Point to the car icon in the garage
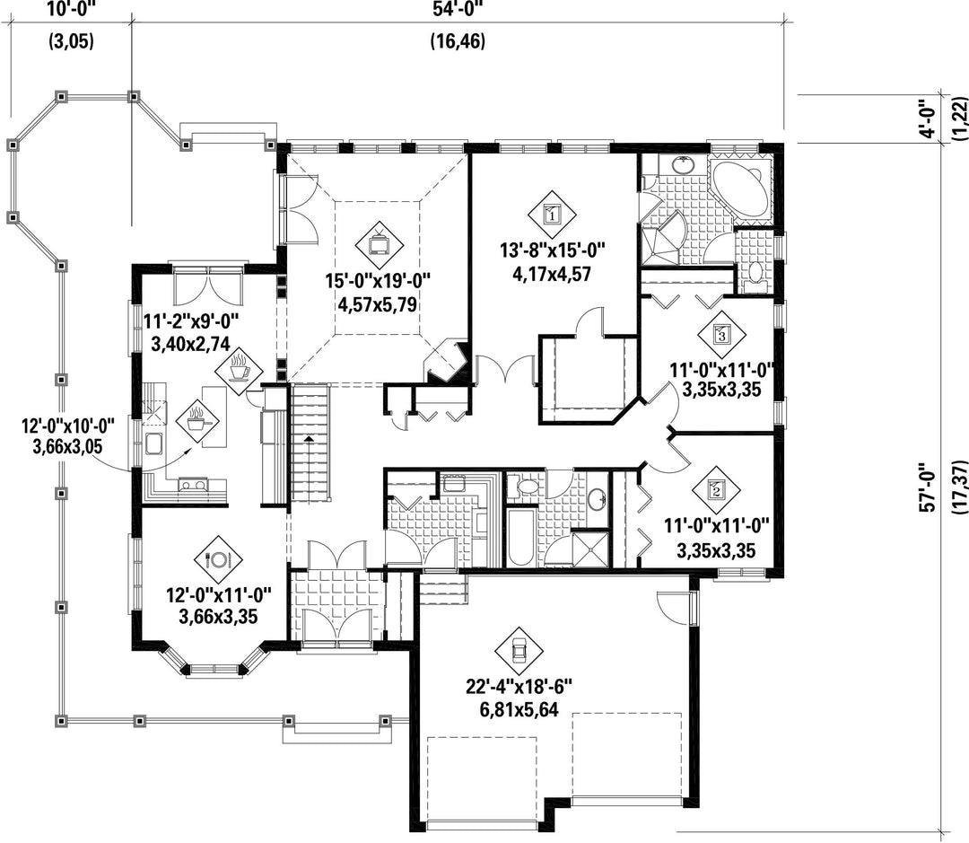(519, 651)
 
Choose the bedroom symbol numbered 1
(552, 215)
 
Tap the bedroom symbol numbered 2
(717, 490)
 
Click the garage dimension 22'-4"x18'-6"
(519, 686)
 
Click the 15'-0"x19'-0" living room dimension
(378, 281)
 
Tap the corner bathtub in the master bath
(739, 189)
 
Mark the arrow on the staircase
(309, 439)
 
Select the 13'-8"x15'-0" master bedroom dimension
(552, 250)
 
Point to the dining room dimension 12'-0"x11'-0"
(218, 595)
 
